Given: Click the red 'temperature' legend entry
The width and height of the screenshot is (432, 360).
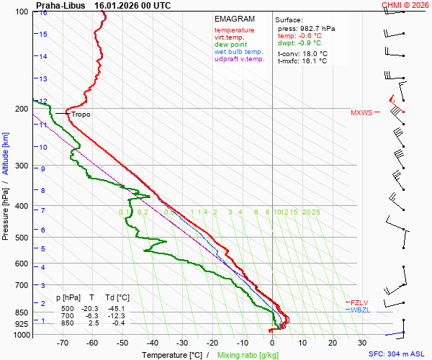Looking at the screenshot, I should pos(234,30).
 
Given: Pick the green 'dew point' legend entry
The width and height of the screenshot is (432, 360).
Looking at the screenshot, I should pos(230,45).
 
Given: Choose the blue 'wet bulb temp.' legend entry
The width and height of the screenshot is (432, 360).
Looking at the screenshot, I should pos(239,52).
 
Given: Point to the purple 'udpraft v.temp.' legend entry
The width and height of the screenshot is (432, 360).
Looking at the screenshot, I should pos(240,59).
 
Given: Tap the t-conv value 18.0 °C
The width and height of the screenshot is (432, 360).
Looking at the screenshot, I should pos(313,53).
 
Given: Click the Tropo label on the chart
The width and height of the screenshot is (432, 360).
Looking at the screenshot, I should pos(81,114).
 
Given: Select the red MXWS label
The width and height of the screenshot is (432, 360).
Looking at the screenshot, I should pos(362,113).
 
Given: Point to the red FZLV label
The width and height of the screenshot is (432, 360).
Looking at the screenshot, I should pos(359,302).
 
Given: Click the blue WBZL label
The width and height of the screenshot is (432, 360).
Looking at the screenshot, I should pos(360,310).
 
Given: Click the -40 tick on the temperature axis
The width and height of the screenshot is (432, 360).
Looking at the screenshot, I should pos(152,344).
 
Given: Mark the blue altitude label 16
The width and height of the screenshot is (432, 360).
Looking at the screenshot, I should pos(44,13).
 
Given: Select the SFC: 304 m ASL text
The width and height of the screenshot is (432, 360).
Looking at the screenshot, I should pos(396,354).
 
